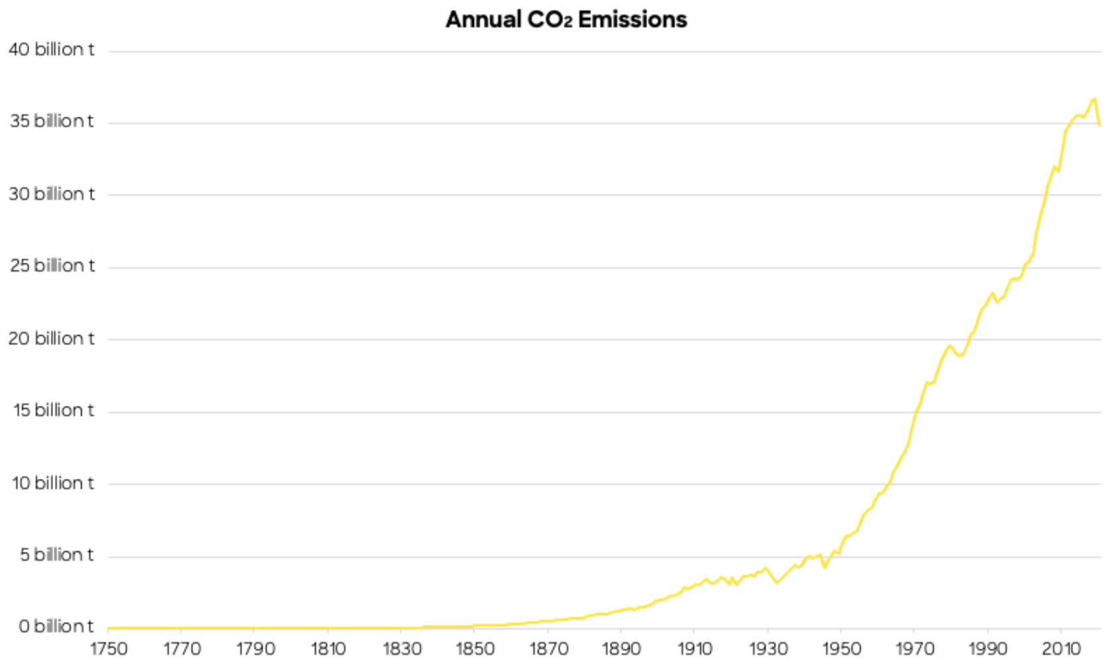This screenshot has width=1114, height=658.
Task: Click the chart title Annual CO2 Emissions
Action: (566, 19)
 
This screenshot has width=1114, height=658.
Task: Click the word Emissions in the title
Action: (632, 19)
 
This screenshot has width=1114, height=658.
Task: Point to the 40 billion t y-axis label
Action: (51, 50)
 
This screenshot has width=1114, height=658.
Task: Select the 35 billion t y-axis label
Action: (51, 121)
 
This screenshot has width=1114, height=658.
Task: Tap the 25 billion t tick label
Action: (52, 266)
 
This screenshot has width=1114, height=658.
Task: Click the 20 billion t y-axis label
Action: (51, 338)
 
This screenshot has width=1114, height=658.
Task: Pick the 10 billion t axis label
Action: (52, 483)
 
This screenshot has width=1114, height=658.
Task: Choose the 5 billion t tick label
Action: (56, 555)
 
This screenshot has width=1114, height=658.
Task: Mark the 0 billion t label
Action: (56, 626)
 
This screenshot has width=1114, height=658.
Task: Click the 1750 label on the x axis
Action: (108, 648)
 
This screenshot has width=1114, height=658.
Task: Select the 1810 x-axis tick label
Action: (328, 648)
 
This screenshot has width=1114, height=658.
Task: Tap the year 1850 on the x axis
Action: (475, 648)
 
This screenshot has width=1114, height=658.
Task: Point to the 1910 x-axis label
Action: (694, 648)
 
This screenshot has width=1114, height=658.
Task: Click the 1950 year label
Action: (841, 648)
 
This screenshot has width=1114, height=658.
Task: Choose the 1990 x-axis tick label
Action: (987, 648)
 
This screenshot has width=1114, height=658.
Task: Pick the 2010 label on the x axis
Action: (1061, 648)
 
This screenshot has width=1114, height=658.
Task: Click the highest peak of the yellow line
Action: (1094, 99)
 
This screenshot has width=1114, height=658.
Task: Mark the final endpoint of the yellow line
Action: (1099, 125)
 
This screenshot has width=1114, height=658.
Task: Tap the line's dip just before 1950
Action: (824, 567)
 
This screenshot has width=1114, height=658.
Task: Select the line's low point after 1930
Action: (777, 582)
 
